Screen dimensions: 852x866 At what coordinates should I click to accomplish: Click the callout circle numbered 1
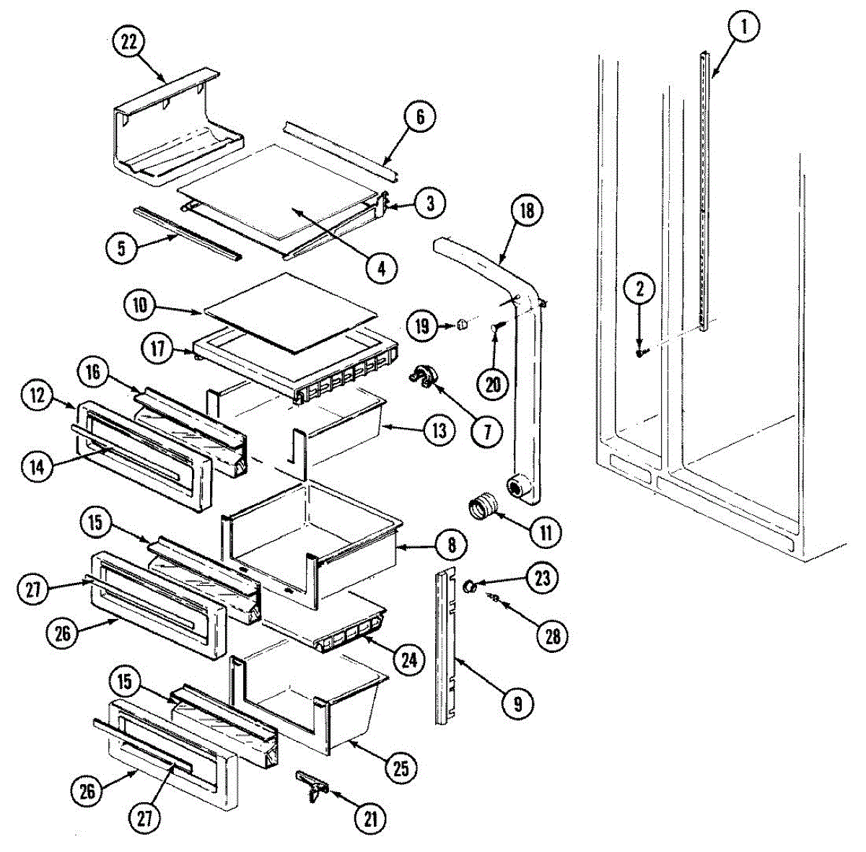(745, 29)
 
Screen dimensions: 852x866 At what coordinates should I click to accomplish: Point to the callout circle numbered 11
(546, 533)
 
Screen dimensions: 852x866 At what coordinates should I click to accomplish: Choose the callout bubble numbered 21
(370, 818)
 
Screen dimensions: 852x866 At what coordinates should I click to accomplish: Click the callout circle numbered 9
(517, 702)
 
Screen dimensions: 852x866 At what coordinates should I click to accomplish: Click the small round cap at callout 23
(469, 585)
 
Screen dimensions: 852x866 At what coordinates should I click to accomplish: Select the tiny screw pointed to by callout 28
(495, 598)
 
